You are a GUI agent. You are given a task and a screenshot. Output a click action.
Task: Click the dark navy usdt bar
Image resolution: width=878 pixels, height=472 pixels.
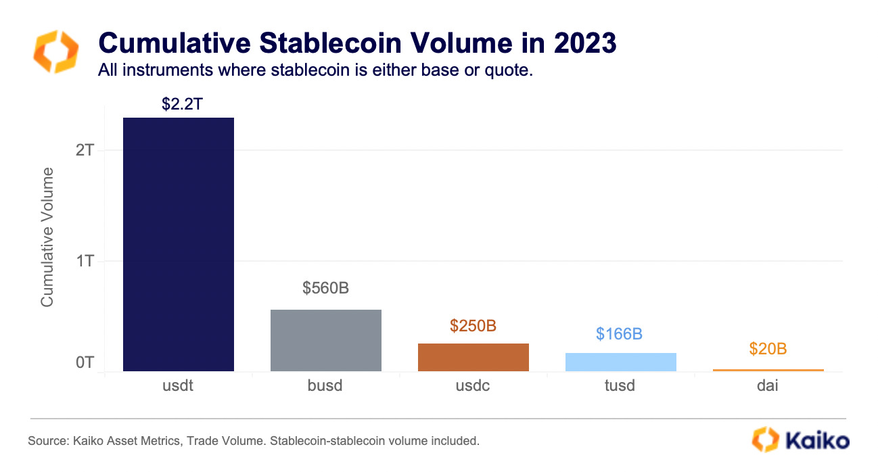(x=179, y=244)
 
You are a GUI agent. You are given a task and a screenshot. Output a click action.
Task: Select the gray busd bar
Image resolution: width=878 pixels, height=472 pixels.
(x=326, y=340)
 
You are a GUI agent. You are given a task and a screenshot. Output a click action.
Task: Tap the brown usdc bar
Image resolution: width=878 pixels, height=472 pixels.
(x=473, y=357)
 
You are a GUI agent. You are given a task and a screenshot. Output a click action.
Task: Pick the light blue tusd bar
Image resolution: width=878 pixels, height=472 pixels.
(x=620, y=362)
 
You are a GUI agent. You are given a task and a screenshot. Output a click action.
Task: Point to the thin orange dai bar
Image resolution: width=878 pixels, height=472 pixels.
(x=768, y=370)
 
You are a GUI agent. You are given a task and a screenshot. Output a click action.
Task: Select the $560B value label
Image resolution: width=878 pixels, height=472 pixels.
(x=325, y=289)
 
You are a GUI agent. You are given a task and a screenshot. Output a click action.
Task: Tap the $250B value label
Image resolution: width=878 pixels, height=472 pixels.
(x=473, y=326)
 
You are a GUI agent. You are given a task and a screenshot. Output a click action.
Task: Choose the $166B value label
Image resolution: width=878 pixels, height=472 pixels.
(x=619, y=334)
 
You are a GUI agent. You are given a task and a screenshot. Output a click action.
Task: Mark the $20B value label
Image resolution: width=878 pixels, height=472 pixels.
(x=768, y=349)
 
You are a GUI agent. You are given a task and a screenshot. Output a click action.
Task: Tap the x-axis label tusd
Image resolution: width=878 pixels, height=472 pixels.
(x=620, y=386)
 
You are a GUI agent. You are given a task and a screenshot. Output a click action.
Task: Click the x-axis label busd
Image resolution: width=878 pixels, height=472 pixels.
(x=325, y=386)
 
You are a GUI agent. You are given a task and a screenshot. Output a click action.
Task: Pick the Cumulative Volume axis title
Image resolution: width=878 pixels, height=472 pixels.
(x=47, y=237)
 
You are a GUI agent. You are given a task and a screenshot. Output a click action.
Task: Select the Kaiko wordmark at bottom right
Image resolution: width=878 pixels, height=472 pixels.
(x=816, y=441)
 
